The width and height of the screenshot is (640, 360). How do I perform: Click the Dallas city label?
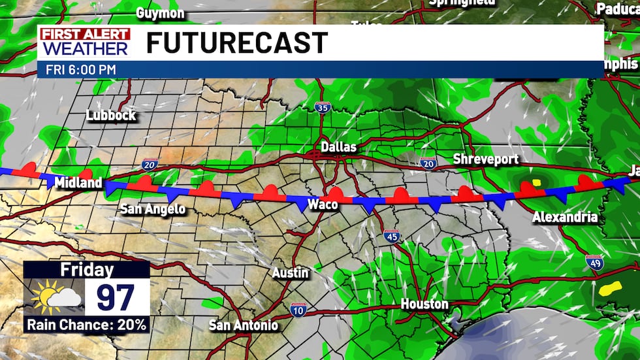pos(338,147)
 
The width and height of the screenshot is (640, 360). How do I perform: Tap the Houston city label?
pos(424,304)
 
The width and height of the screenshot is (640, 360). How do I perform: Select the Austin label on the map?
pos(290,273)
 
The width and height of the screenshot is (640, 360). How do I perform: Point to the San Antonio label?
pos(243,325)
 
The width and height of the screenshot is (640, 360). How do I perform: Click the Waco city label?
pos(323,205)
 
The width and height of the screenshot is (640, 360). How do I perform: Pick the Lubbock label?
pos(111,116)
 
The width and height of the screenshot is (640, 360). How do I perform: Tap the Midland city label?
pos(78,182)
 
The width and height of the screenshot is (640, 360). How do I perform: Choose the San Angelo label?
pos(153,209)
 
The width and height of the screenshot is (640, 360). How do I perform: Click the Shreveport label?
pos(486,159)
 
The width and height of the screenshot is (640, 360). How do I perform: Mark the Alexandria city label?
pos(565,217)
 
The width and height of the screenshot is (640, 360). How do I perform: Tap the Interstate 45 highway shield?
pos(391,237)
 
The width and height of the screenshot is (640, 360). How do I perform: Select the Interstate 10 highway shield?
pos(298,309)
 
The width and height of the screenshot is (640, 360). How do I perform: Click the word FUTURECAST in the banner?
pos(236,43)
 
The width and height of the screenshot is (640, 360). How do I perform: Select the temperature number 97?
pos(116,297)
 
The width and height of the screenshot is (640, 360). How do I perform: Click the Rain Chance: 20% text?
pos(86,323)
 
